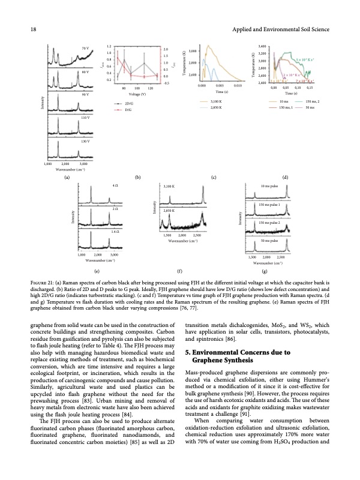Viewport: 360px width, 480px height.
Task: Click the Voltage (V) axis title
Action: [130, 94]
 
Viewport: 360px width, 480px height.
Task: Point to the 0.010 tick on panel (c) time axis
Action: [238, 86]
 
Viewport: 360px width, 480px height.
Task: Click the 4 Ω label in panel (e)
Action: [114, 187]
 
